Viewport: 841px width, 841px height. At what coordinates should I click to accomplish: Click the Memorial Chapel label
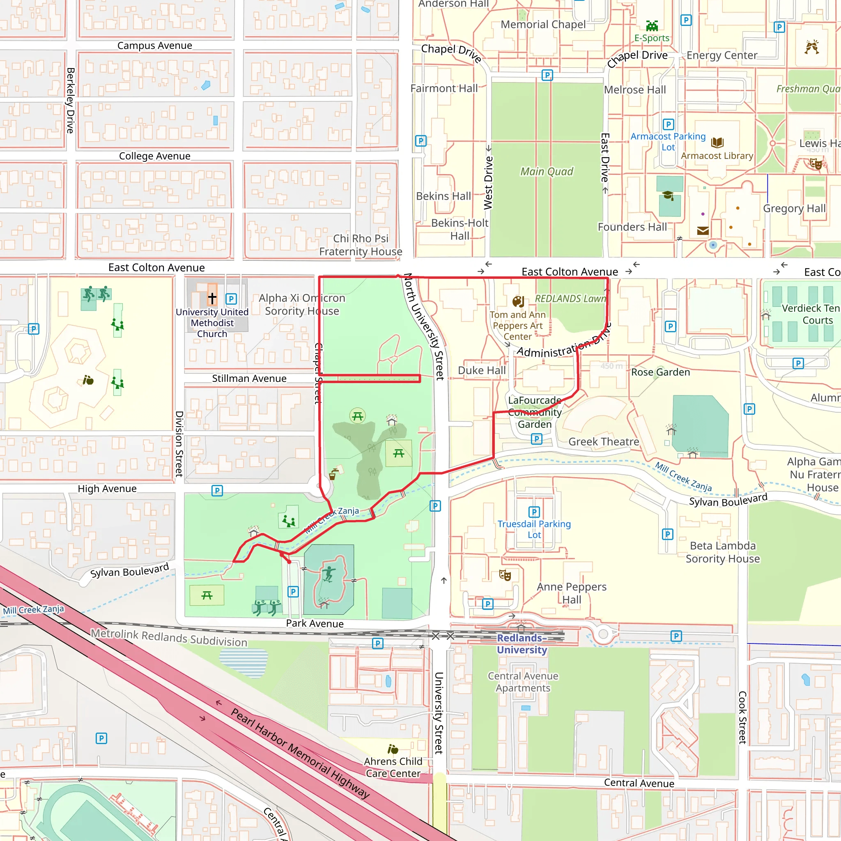point(543,25)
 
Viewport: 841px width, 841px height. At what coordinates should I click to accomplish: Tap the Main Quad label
point(547,172)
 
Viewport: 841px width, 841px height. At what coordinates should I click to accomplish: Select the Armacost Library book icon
point(717,142)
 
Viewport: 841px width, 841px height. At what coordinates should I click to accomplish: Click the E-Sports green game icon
point(652,26)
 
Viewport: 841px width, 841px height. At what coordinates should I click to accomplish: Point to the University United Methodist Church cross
point(212,298)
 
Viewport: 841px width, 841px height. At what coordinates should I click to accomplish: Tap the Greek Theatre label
point(603,442)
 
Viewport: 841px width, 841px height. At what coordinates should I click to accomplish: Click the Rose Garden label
point(660,372)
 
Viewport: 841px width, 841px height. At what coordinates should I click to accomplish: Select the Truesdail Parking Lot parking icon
point(534,512)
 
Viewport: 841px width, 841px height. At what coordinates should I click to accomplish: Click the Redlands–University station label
point(522,644)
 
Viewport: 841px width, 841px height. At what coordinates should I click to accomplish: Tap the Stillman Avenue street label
point(249,379)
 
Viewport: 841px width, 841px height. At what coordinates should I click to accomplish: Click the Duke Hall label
point(481,370)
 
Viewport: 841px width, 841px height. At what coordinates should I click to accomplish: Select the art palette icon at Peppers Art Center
point(518,301)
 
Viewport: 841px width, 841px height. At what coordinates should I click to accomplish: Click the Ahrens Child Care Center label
point(393,767)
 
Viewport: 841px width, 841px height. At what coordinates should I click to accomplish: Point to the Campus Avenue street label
point(154,46)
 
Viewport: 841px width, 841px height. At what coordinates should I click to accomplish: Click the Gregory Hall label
point(794,209)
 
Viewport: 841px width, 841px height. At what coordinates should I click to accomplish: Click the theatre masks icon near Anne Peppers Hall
point(505,575)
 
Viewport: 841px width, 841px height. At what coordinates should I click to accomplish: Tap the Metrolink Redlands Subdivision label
point(169,638)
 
